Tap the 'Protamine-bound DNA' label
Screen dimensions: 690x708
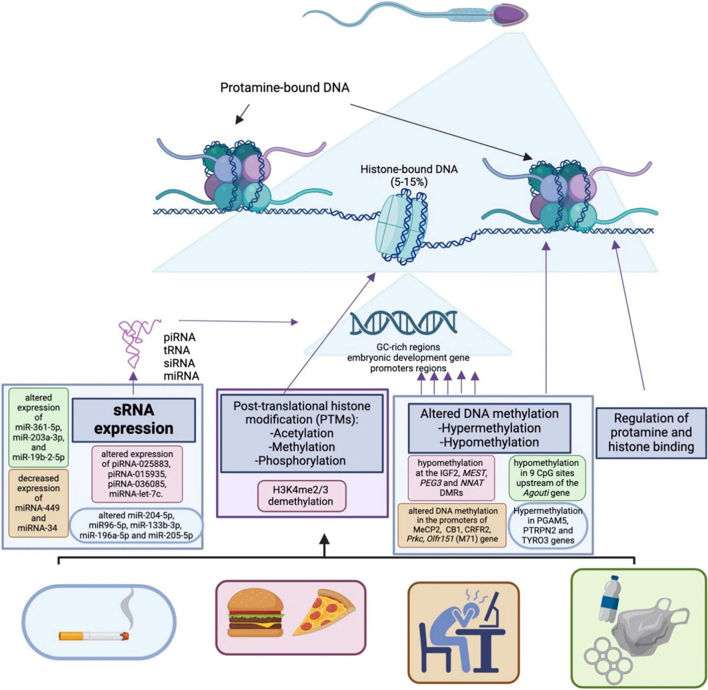[285, 88]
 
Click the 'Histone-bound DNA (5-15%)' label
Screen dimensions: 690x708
[409, 175]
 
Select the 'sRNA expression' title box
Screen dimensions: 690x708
[134, 420]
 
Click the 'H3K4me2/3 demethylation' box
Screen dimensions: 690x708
[301, 495]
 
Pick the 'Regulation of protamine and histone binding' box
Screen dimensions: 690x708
[651, 432]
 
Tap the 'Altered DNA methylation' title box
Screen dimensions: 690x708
[489, 428]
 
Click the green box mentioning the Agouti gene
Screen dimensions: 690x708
[547, 478]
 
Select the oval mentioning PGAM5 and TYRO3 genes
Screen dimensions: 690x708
[548, 525]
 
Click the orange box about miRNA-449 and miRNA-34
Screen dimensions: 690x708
[38, 503]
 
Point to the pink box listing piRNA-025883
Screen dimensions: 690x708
[137, 473]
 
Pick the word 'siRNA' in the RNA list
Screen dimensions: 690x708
[179, 363]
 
